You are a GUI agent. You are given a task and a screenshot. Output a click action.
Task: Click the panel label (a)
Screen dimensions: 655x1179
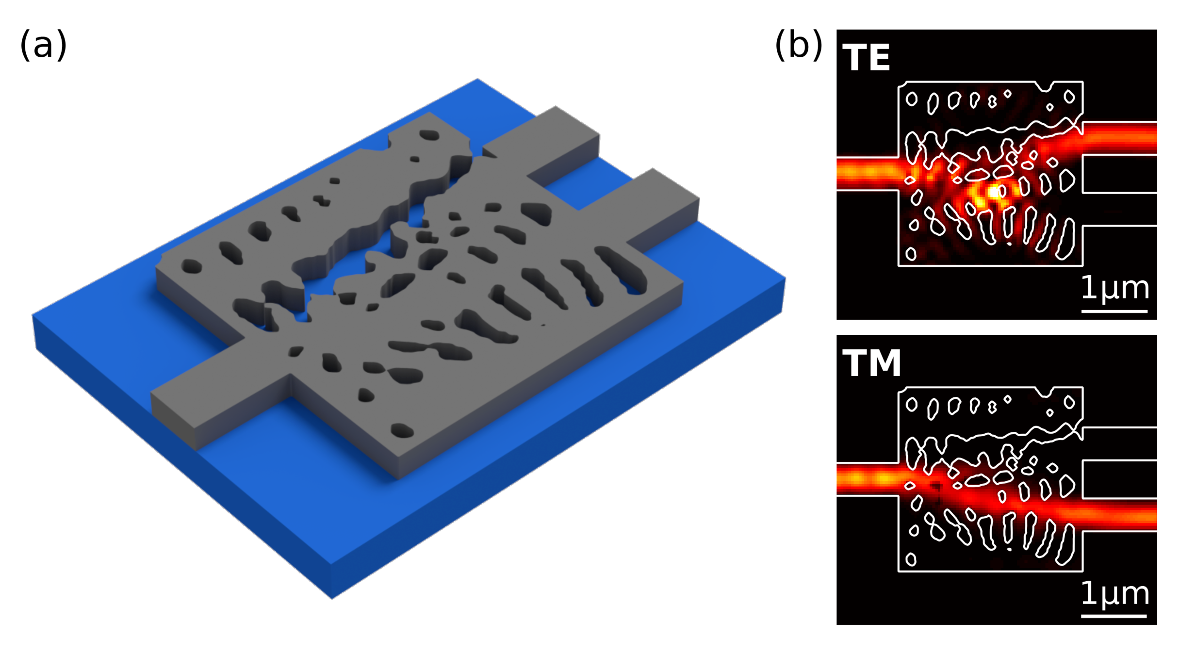click(x=43, y=45)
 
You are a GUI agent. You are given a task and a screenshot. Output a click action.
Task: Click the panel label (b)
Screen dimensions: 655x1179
click(x=798, y=45)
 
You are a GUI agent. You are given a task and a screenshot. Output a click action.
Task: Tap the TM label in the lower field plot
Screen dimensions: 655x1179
click(x=871, y=363)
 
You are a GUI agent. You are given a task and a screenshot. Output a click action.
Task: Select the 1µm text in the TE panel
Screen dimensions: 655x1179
click(x=1114, y=288)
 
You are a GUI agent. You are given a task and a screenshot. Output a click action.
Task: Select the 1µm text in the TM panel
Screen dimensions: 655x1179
click(x=1114, y=593)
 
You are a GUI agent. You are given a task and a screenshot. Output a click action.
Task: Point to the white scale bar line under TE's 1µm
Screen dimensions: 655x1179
click(x=1114, y=311)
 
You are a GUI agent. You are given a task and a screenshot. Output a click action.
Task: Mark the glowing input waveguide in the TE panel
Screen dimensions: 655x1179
click(x=867, y=173)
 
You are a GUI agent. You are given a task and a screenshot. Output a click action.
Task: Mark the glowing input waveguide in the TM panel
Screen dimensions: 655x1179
click(x=867, y=479)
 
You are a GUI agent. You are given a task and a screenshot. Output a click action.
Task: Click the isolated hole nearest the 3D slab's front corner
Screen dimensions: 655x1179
click(x=402, y=430)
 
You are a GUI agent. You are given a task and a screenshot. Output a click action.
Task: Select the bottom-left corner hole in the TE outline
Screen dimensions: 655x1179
click(x=911, y=254)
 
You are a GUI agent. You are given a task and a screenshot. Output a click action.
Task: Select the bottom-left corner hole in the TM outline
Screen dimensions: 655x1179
click(x=911, y=559)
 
